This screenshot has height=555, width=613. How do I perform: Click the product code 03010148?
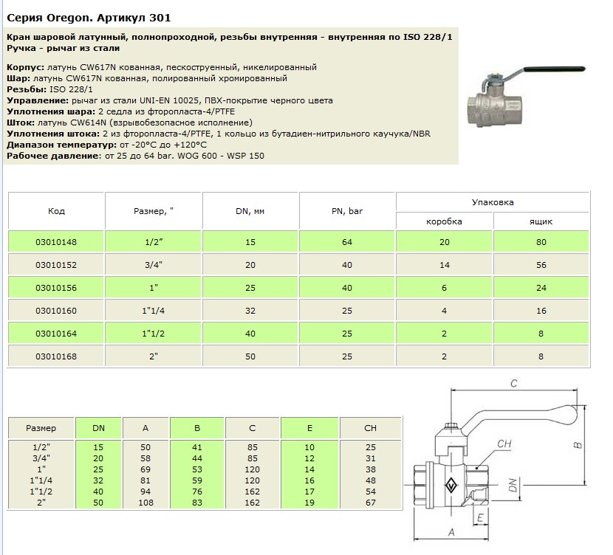(x=56, y=242)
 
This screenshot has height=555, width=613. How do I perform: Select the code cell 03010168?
(x=56, y=356)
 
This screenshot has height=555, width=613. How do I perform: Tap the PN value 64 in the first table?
(x=348, y=242)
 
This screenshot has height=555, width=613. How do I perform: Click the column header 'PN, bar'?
(x=348, y=211)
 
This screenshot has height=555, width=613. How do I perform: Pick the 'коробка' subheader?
(x=445, y=221)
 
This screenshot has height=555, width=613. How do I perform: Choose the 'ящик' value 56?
(x=541, y=265)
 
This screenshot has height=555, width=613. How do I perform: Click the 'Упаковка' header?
(x=493, y=201)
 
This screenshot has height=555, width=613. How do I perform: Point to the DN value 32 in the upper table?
(x=250, y=311)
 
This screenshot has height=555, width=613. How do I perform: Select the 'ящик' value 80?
(x=541, y=242)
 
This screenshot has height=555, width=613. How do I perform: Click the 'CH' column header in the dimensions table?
(x=371, y=427)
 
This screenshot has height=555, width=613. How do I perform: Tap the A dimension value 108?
(x=145, y=503)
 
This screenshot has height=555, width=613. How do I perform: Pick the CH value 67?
(x=371, y=503)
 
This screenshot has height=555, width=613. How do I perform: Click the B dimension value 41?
(x=197, y=447)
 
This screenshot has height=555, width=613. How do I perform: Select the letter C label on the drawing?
(x=514, y=383)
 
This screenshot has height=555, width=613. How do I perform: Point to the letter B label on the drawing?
(x=580, y=444)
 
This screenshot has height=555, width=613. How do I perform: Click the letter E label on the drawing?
(x=482, y=519)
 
